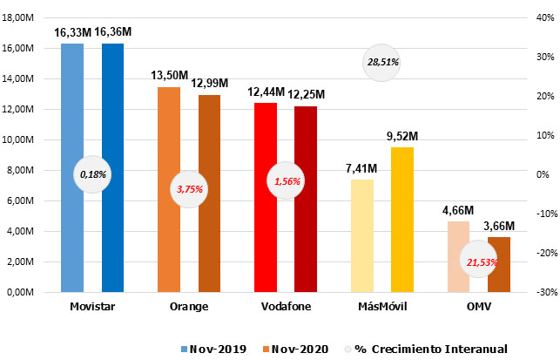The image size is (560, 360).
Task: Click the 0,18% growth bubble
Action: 92,174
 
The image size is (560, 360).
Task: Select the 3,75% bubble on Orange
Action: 189,188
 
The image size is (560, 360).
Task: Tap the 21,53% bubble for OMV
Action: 478,262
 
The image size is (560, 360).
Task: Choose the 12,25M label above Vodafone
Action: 307,94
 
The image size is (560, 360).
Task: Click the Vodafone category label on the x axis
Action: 286,307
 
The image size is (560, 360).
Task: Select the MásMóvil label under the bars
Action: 382,307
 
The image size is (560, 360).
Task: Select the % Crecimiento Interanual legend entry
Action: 449,349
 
